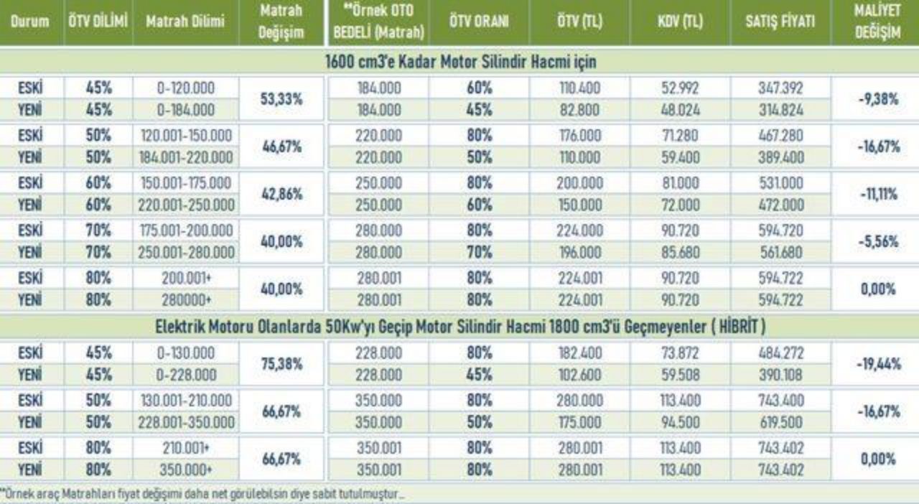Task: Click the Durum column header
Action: click(x=30, y=21)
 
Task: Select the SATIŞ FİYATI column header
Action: click(x=780, y=21)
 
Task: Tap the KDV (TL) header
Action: click(x=680, y=21)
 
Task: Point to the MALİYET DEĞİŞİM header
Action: click(x=877, y=22)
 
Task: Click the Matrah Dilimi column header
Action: click(x=185, y=21)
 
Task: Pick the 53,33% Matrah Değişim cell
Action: click(x=281, y=99)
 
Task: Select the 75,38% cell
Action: click(x=281, y=363)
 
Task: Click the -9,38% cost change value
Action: click(x=878, y=99)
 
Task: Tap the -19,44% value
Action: click(x=878, y=363)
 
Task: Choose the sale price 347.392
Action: click(x=780, y=88)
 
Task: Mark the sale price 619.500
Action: click(x=780, y=422)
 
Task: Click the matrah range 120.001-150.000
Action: click(x=186, y=136)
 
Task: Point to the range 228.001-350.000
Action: click(x=186, y=422)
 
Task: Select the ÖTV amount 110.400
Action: click(x=579, y=88)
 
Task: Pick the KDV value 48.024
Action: click(x=680, y=110)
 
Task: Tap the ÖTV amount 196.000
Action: click(x=579, y=252)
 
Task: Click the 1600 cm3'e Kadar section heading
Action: click(x=460, y=62)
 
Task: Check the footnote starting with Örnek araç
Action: click(x=202, y=493)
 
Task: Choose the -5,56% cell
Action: click(x=878, y=241)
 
